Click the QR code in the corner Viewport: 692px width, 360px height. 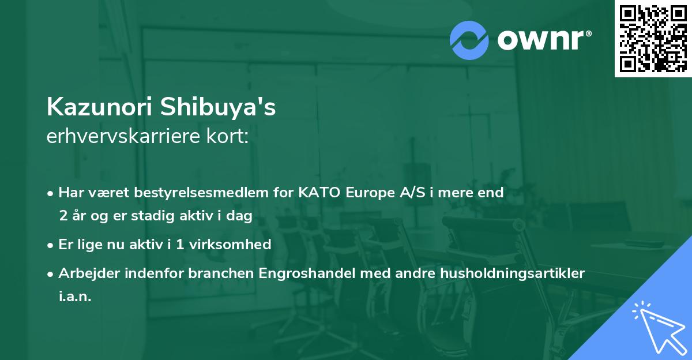pyautogui.click(x=653, y=38)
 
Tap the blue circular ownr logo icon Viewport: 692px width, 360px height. pyautogui.click(x=469, y=40)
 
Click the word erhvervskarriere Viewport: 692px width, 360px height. pyautogui.click(x=118, y=137)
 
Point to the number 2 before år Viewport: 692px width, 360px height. pyautogui.click(x=62, y=215)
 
